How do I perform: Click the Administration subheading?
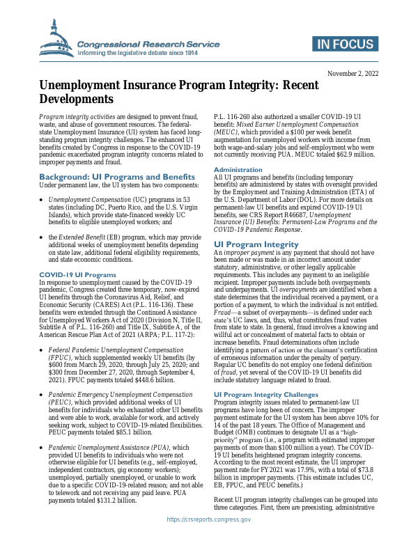point(238,169)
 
